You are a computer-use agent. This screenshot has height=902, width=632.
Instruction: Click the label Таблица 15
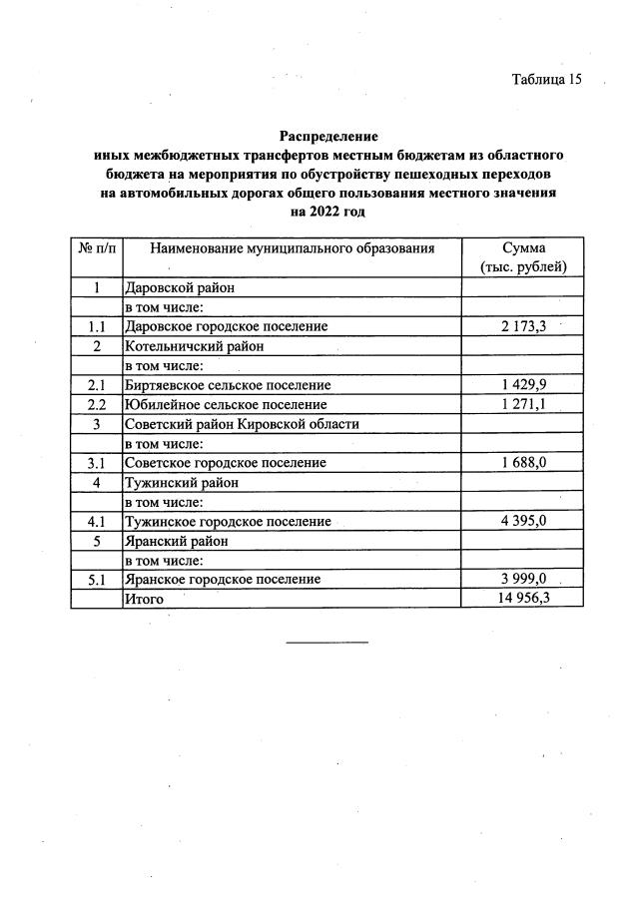coord(546,80)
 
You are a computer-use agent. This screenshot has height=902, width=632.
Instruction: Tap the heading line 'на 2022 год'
coord(327,212)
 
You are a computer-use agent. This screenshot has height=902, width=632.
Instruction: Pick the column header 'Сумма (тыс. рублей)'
coord(522,257)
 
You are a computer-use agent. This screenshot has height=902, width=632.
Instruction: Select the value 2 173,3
coord(522,326)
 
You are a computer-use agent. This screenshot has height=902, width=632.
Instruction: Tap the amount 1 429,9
coord(522,384)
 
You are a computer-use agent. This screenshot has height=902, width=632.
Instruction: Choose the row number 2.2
coord(96,404)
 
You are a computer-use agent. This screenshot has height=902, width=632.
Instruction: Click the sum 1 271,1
coord(522,404)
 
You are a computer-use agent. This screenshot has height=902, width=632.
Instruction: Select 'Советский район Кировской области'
coord(241,424)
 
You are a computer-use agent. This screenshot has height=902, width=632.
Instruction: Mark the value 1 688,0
coord(522,463)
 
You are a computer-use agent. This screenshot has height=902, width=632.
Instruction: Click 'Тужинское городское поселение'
coord(228,521)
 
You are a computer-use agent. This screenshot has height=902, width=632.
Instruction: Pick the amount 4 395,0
coord(522,521)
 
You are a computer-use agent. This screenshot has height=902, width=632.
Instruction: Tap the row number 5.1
coord(96,579)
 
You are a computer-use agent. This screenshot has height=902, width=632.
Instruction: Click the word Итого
coord(144,599)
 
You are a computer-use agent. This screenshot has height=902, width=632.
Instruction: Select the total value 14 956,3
coord(522,598)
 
